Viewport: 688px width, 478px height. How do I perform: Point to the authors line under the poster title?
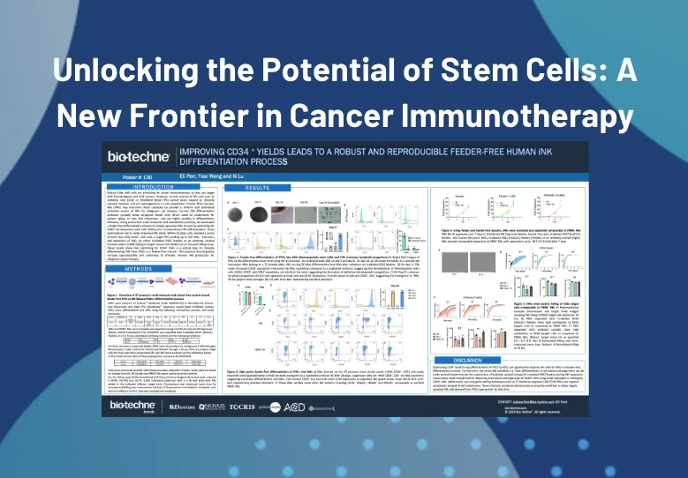[x=208, y=176]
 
